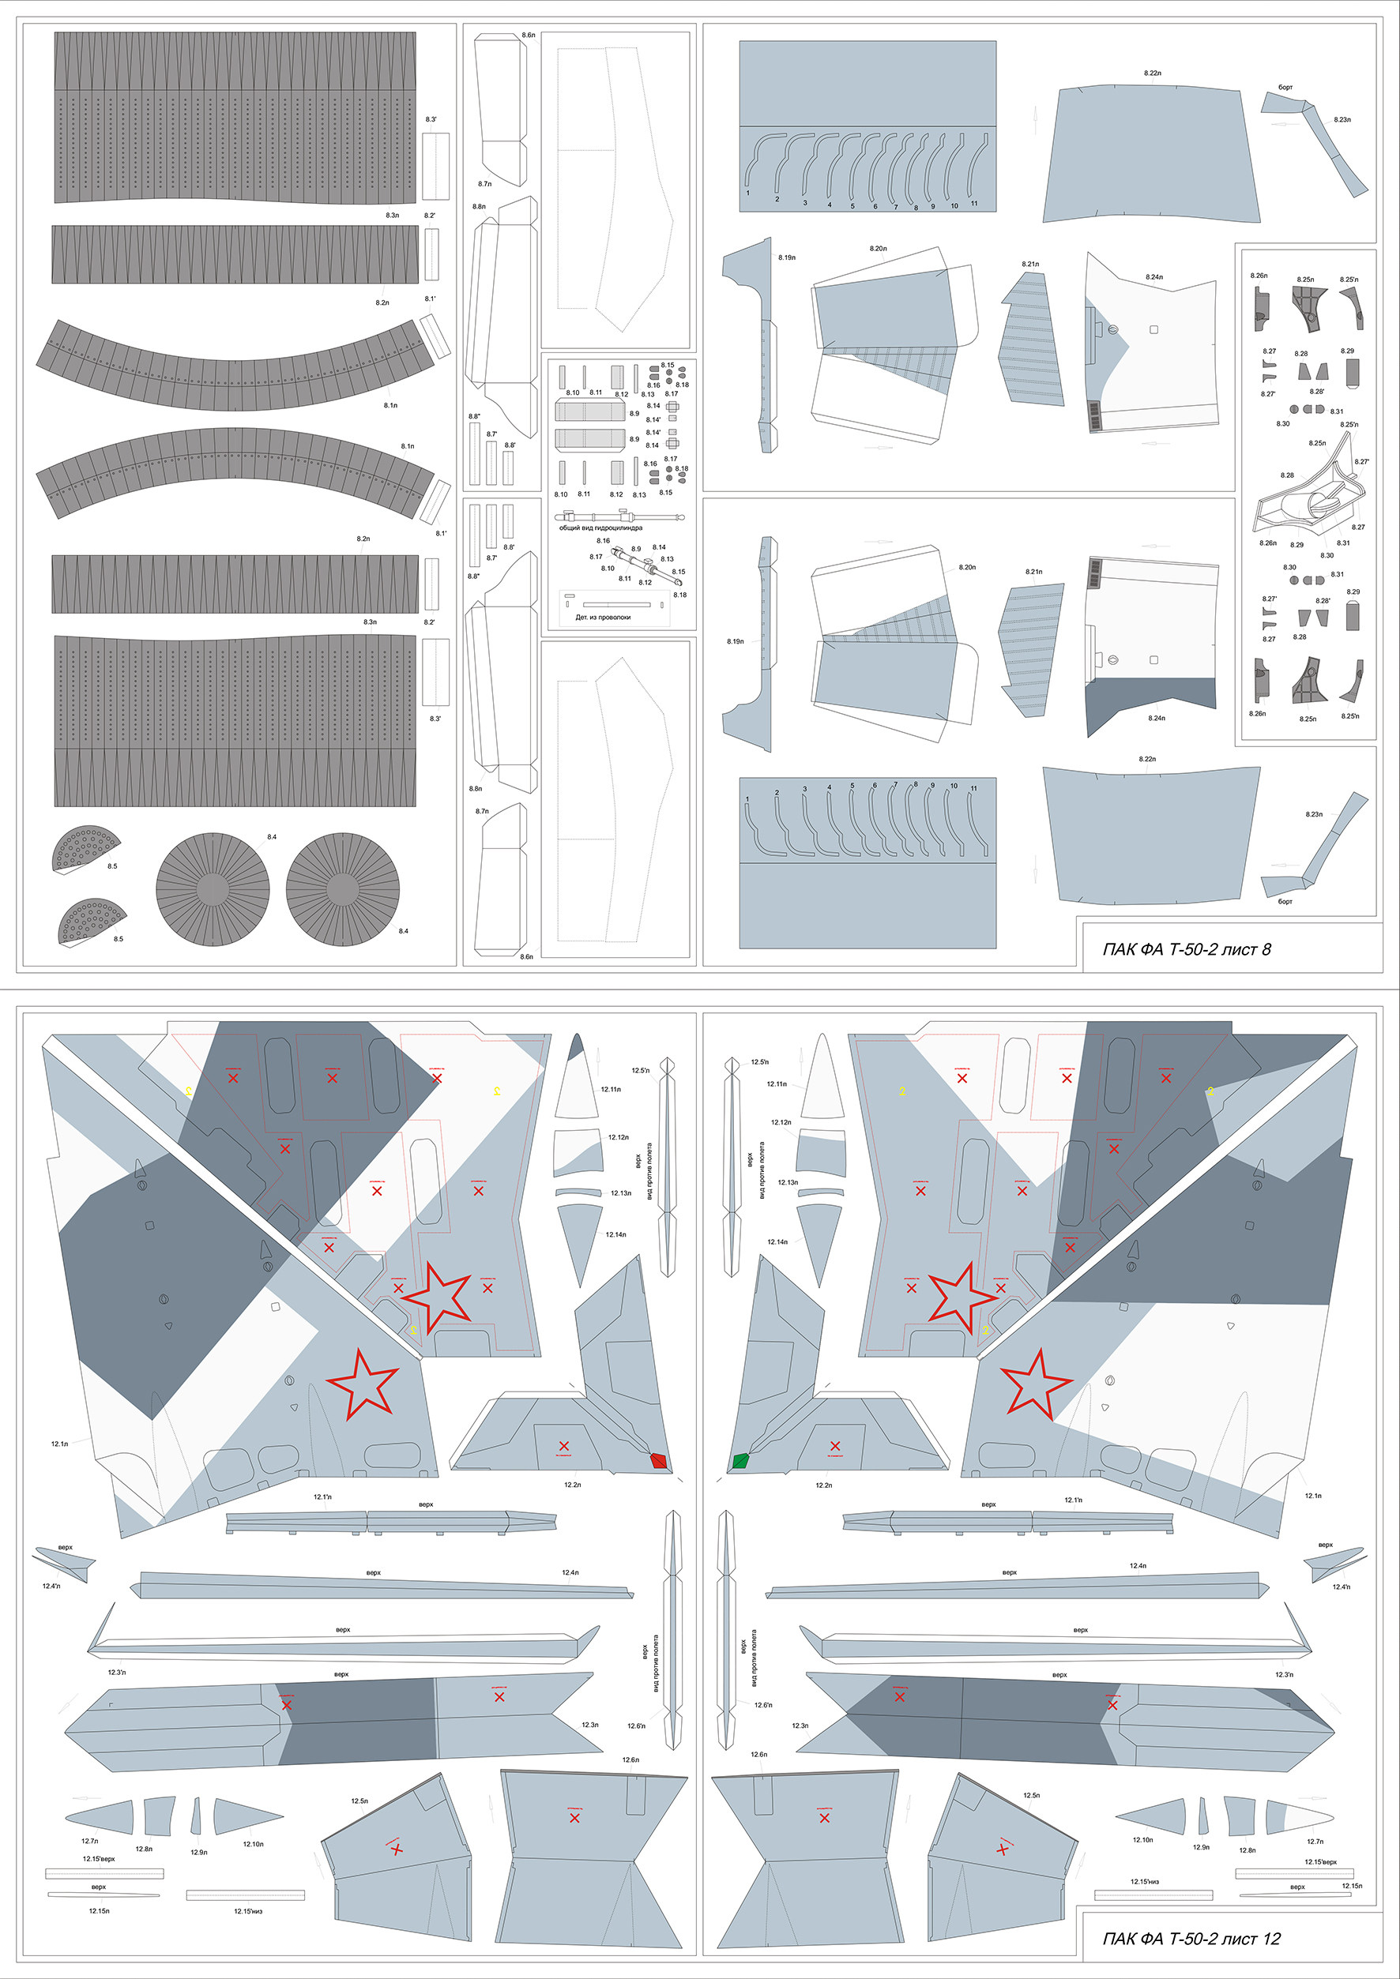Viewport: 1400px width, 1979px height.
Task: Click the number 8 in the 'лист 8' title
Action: tap(1266, 950)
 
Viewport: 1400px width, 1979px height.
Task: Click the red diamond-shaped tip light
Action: tap(660, 1460)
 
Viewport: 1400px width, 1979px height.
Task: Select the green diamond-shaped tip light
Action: tap(740, 1460)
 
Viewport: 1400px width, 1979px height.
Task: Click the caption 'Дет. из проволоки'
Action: tap(603, 617)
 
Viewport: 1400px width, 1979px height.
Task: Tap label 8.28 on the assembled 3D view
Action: tap(1287, 475)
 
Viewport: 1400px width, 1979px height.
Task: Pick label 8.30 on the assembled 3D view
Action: tap(1327, 555)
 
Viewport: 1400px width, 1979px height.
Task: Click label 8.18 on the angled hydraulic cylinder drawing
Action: tap(679, 595)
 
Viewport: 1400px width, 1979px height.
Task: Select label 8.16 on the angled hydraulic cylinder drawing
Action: tap(603, 541)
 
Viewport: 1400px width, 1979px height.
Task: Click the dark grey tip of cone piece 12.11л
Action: tap(577, 1047)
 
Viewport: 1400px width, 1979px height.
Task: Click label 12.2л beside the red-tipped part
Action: tap(573, 1485)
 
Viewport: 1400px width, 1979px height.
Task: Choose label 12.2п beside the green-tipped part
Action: tap(823, 1485)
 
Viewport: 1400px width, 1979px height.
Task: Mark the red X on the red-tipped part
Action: tap(564, 1445)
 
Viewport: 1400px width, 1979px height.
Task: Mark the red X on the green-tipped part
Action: tap(834, 1445)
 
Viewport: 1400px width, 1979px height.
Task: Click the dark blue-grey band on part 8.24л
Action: tap(1151, 693)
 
